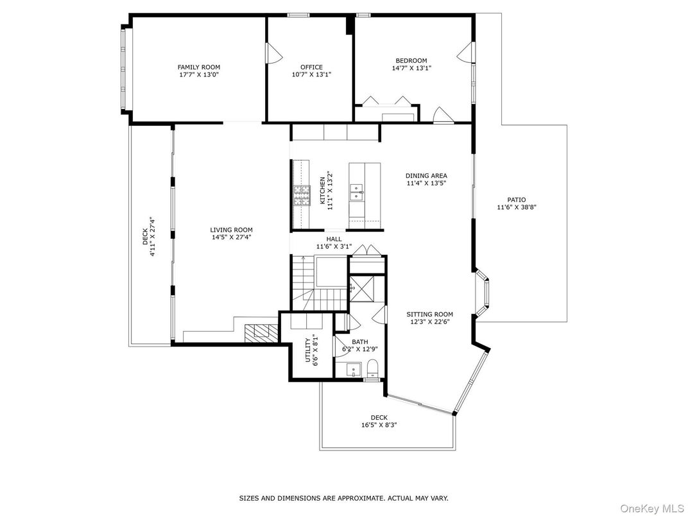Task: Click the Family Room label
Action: (199, 67)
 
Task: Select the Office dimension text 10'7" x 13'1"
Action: (311, 74)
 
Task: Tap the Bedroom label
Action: (411, 61)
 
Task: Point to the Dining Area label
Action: (426, 175)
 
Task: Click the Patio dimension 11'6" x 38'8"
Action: (516, 207)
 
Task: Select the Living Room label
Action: (231, 230)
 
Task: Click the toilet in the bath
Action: (372, 369)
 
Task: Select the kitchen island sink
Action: (356, 189)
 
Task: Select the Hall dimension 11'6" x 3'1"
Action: (334, 246)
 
